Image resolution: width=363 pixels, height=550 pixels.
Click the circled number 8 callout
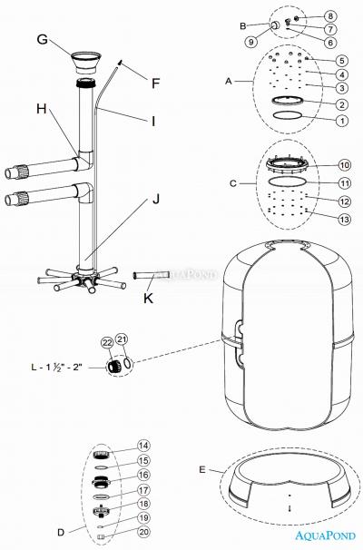pyautogui.click(x=330, y=15)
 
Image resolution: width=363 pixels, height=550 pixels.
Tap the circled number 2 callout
pyautogui.click(x=341, y=104)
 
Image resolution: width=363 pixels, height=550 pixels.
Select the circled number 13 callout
pyautogui.click(x=344, y=220)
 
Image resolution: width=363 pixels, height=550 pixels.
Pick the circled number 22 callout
pyautogui.click(x=108, y=342)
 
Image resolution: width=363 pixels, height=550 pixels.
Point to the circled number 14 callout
pyautogui.click(x=143, y=446)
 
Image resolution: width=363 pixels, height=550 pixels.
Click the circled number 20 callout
pyautogui.click(x=143, y=532)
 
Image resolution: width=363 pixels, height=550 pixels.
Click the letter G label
pyautogui.click(x=42, y=39)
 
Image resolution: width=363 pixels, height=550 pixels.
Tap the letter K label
pyautogui.click(x=148, y=299)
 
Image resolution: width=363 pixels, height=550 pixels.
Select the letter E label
pyautogui.click(x=202, y=469)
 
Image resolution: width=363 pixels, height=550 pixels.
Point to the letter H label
pyautogui.click(x=42, y=109)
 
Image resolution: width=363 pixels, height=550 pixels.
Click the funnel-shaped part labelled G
pyautogui.click(x=86, y=62)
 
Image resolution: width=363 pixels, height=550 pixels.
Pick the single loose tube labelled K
pyautogui.click(x=152, y=275)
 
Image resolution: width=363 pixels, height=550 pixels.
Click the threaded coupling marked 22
pyautogui.click(x=114, y=366)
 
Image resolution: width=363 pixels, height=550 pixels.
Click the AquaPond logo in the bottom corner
pyautogui.click(x=325, y=535)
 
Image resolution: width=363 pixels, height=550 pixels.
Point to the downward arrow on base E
pyautogui.click(x=289, y=508)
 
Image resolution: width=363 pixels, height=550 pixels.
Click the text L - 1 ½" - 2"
pyautogui.click(x=57, y=367)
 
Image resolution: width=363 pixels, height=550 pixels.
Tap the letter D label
pyautogui.click(x=61, y=533)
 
